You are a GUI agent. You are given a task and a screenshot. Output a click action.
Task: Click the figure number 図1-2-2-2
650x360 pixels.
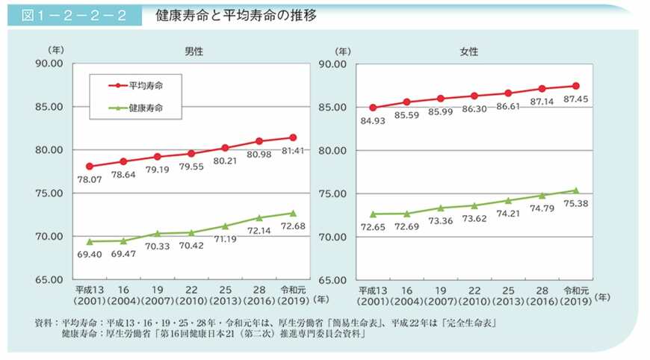73,16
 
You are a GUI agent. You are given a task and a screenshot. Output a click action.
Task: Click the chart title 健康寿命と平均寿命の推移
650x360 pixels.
236,16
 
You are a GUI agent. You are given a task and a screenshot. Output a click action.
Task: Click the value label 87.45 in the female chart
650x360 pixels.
575,99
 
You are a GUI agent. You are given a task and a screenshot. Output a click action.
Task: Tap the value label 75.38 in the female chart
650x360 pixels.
574,204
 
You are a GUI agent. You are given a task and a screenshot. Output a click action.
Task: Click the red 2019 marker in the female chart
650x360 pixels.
575,86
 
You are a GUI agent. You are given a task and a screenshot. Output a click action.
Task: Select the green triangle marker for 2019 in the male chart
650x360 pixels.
293,213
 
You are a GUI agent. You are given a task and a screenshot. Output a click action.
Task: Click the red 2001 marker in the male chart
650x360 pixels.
90,167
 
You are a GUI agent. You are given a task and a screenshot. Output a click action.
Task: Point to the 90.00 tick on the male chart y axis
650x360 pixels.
51,63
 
